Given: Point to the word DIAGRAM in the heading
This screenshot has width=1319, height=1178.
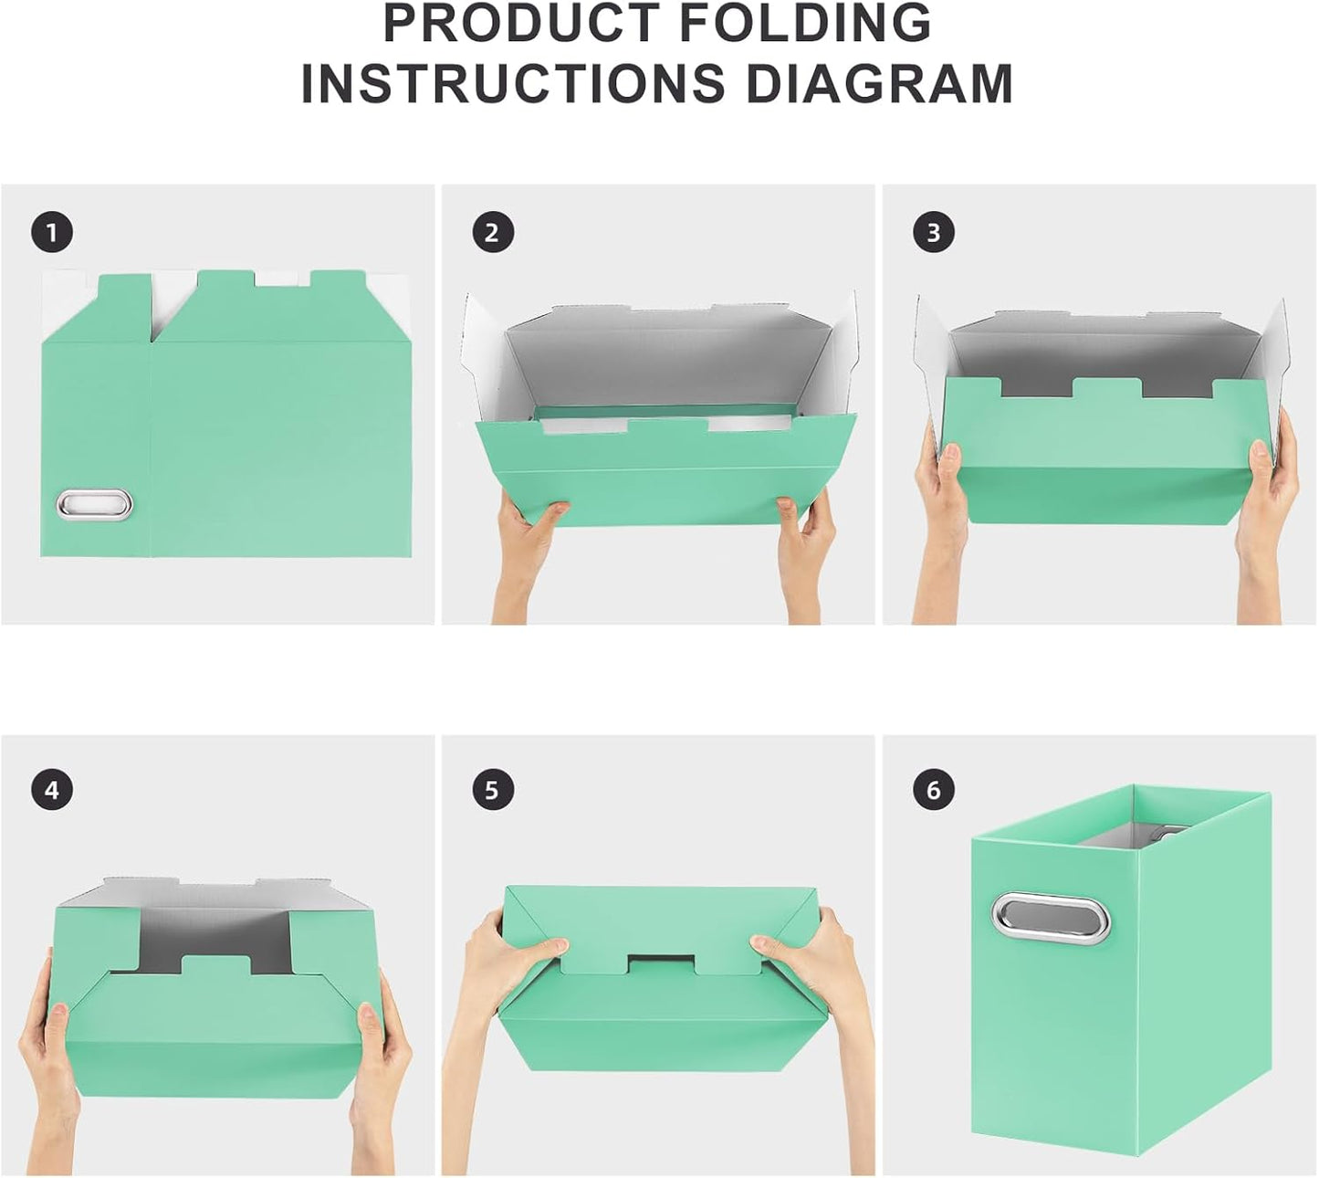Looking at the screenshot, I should (880, 83).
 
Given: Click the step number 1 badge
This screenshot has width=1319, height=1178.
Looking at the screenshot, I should (52, 233).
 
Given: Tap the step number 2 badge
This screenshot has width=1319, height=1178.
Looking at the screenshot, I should (493, 233).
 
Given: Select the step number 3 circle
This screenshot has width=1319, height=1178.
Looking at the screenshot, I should (933, 233).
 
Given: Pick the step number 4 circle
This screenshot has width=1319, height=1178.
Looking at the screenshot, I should (52, 790).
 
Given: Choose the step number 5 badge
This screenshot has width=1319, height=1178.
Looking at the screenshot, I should (493, 790).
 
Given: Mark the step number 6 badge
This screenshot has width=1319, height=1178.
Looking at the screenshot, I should (933, 790).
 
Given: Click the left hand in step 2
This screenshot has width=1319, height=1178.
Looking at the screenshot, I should (529, 548).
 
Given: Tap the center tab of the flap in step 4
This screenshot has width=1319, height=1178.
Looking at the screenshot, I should (216, 965).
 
